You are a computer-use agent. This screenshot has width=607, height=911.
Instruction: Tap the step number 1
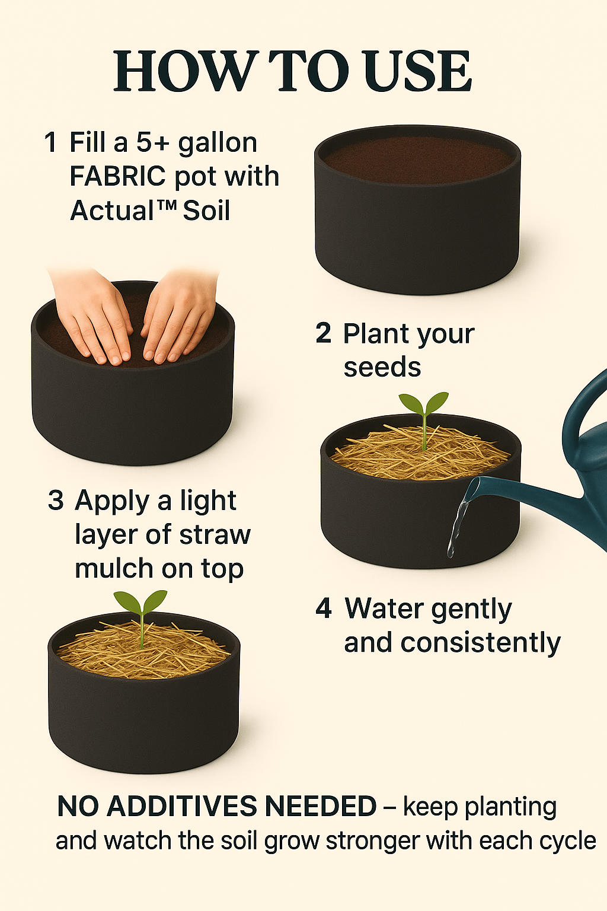tap(50, 142)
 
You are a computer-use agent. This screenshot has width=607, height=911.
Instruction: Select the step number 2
tap(323, 333)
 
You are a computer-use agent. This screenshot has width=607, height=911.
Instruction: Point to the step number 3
tap(56, 500)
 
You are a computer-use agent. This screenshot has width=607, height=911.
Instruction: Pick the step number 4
tap(324, 609)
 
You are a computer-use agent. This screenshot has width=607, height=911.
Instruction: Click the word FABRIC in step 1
tap(117, 176)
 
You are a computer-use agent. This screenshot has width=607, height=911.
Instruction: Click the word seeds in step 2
tap(382, 367)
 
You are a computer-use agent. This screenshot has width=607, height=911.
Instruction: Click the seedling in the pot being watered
tap(424, 419)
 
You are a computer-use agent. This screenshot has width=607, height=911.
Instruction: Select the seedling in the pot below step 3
tap(140, 617)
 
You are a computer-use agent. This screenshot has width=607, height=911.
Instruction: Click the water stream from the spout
tap(459, 521)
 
